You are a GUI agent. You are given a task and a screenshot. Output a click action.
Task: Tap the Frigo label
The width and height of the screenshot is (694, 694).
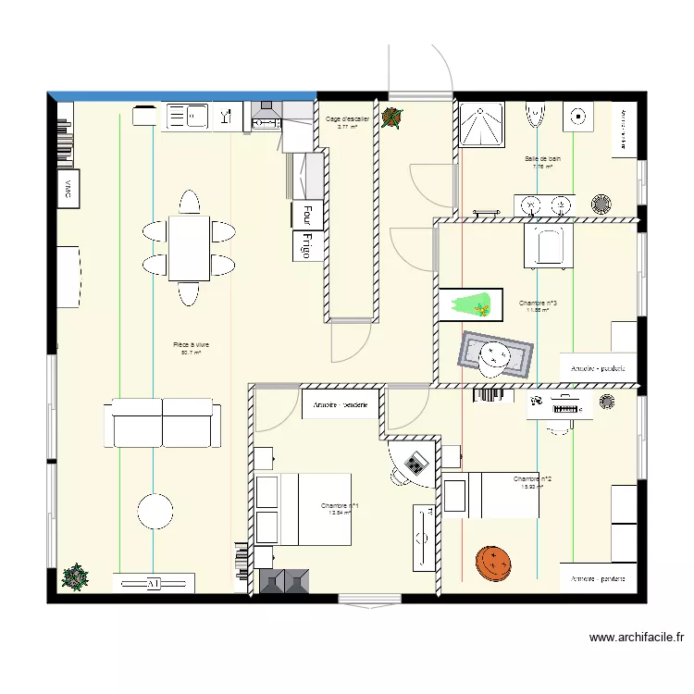[304, 245]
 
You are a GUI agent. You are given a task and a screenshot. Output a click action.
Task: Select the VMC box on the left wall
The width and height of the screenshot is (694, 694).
[67, 190]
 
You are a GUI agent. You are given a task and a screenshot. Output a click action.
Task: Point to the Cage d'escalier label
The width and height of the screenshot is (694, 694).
[348, 119]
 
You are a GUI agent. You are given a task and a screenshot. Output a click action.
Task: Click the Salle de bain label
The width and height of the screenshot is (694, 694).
[542, 158]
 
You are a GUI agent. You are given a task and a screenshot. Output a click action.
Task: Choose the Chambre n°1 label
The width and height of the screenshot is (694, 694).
[340, 506]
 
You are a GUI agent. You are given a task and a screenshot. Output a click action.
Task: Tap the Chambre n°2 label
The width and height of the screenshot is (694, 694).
[533, 478]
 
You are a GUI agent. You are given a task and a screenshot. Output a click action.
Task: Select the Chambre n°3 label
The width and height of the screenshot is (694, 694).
[538, 303]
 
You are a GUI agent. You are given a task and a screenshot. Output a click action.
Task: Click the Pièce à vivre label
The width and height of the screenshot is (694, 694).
[191, 345]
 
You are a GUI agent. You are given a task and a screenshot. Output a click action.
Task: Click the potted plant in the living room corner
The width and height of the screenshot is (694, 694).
[74, 577]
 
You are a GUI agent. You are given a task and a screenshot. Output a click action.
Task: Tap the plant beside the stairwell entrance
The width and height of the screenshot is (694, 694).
[393, 118]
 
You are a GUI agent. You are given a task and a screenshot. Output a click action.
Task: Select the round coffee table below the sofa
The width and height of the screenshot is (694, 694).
[155, 512]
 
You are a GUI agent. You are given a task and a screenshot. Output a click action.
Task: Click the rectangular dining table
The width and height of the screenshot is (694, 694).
[189, 247]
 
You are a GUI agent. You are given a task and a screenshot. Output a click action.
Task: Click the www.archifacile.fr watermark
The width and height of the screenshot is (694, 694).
[638, 638]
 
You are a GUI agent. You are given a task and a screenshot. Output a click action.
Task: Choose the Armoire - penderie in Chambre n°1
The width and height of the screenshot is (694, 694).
[340, 404]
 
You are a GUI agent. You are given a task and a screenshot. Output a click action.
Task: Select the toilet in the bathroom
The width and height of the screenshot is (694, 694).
[536, 115]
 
